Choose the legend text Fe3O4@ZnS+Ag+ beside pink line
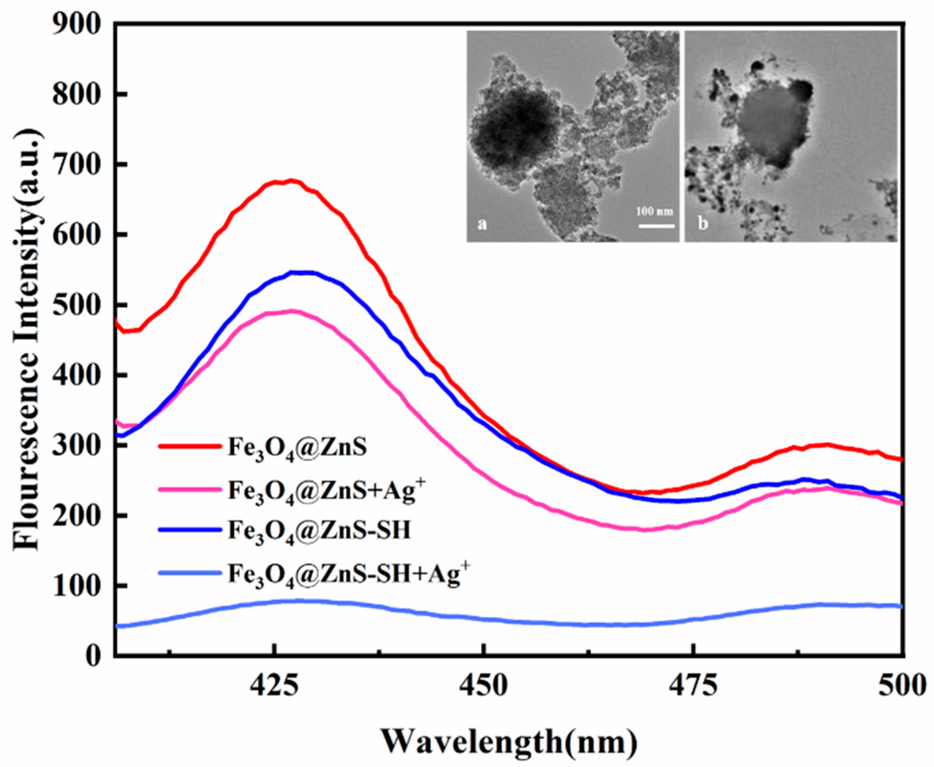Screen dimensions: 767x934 [327, 491]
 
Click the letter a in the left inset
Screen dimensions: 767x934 [482, 224]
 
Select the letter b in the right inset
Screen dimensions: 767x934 [702, 224]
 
